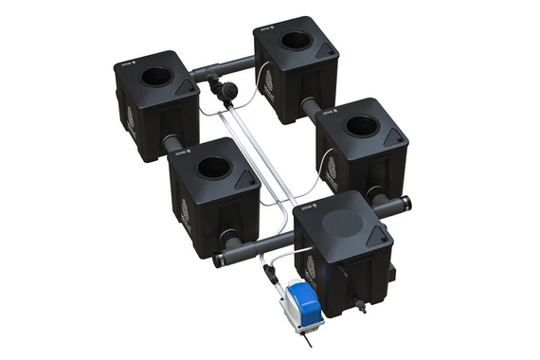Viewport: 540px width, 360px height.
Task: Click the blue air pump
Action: [x=303, y=301]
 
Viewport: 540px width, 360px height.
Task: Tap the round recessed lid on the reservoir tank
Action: [x=343, y=222]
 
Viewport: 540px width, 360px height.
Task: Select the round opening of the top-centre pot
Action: [x=296, y=42]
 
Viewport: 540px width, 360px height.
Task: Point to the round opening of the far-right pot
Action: [x=362, y=125]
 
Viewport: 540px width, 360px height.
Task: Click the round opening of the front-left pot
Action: [x=212, y=168]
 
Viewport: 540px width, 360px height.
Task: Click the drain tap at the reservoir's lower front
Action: [x=360, y=308]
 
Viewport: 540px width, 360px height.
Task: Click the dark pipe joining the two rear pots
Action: [x=227, y=68]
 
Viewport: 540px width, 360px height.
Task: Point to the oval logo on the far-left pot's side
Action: [x=131, y=119]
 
